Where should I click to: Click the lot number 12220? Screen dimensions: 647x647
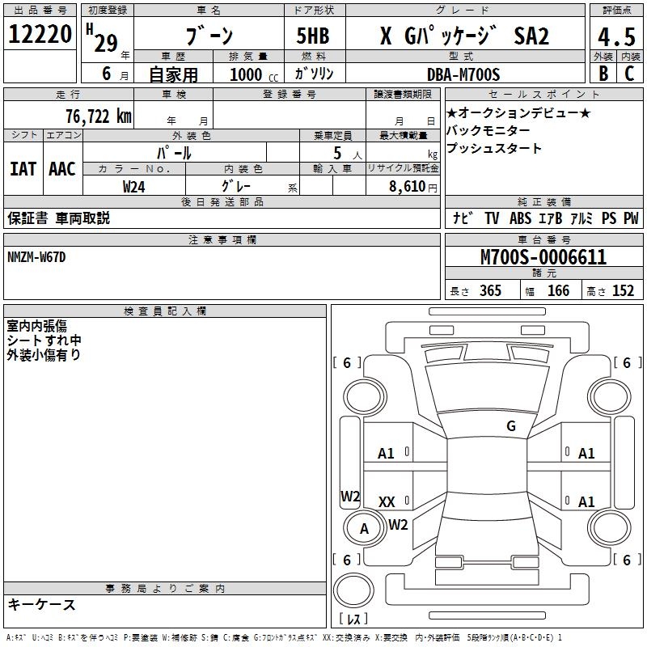(x=40, y=36)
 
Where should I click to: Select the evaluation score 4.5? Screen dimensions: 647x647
(x=615, y=37)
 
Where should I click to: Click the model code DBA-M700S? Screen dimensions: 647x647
(x=463, y=74)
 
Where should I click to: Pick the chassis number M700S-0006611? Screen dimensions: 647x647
(x=543, y=258)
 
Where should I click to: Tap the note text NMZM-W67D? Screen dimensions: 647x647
(x=36, y=257)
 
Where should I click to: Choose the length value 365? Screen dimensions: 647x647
(x=489, y=291)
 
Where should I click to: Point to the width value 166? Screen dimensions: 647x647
(x=558, y=291)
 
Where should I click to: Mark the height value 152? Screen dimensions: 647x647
(x=623, y=291)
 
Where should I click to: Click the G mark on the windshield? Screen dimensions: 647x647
(x=510, y=426)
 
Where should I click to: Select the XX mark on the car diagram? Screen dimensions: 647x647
(x=387, y=502)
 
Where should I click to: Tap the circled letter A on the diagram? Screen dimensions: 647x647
(x=364, y=529)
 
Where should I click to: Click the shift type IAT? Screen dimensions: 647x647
(x=23, y=169)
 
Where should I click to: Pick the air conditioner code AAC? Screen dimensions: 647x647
(x=61, y=169)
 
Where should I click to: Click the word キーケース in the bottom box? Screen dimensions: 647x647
(x=42, y=605)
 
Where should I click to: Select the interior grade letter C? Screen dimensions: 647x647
(x=629, y=74)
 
